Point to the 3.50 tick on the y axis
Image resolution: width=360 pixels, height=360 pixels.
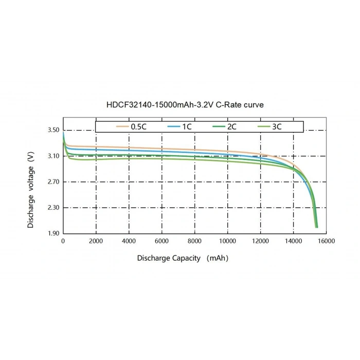pos(53,130)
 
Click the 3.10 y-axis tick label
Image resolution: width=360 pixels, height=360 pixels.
pos(53,156)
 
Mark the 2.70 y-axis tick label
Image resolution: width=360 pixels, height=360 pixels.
pos(53,182)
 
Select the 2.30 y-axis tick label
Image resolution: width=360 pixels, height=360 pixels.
pos(53,207)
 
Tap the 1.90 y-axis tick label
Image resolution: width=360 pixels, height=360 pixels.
pos(53,233)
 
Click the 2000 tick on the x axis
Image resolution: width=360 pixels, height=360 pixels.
pos(96,241)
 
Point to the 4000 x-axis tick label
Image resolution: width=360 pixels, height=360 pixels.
pos(129,241)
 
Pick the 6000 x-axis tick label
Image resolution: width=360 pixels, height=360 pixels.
pos(162,241)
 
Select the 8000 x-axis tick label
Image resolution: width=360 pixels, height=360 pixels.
pos(195,241)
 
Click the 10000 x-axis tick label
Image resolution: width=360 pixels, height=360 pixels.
pos(228,241)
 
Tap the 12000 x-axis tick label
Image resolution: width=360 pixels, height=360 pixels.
pos(261,241)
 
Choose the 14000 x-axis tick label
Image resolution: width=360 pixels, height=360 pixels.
pos(294,241)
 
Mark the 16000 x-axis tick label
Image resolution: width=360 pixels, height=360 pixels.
pos(327,241)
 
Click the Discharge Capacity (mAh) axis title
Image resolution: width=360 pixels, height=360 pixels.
pos(183,258)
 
